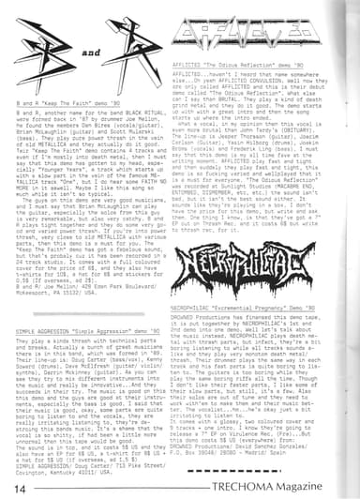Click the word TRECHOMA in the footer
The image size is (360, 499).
[273, 488]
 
